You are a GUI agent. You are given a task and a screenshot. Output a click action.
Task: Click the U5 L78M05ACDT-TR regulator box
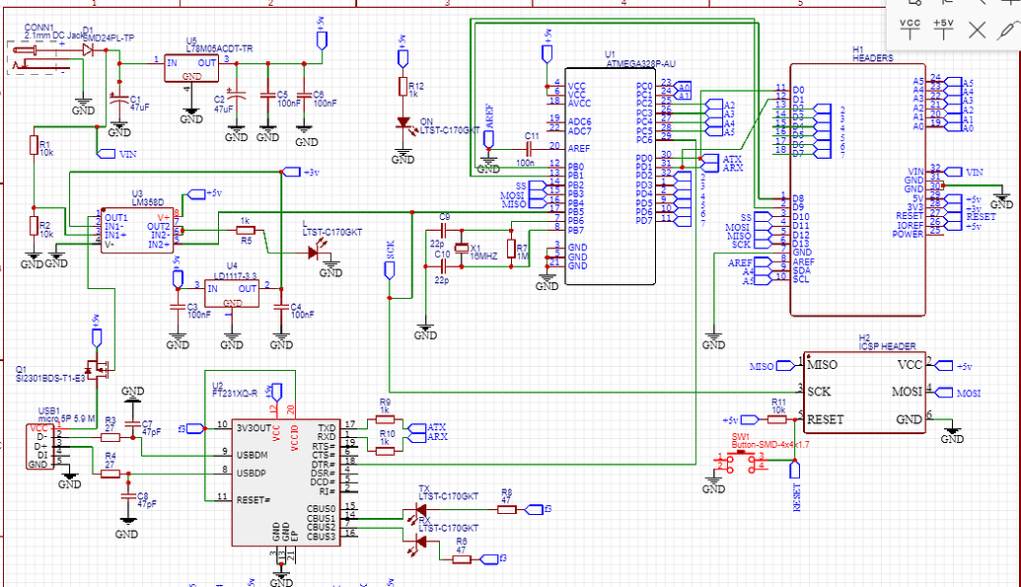point(192,68)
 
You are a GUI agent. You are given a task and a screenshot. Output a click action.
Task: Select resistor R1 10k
point(34,146)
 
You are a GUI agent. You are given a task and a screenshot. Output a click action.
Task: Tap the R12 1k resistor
point(401,89)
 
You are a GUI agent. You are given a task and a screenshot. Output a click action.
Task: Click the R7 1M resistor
point(510,249)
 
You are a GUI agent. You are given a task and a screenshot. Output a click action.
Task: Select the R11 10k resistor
point(778,418)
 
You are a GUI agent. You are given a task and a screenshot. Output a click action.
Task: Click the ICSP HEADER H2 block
point(863,392)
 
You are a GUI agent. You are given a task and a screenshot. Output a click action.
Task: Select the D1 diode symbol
point(89,47)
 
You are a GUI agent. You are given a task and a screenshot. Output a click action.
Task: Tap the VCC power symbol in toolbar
point(912,29)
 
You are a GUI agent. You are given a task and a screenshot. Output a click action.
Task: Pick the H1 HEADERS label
point(872,58)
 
